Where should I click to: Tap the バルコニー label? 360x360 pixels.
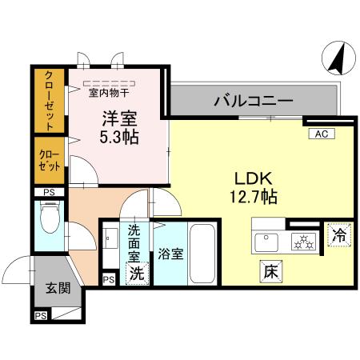click(253, 102)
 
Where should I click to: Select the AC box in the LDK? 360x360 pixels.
click(320, 134)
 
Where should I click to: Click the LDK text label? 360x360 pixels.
click(250, 178)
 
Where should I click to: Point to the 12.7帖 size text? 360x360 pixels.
click(250, 195)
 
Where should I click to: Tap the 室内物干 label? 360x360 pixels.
click(110, 92)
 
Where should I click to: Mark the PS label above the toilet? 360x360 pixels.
click(50, 192)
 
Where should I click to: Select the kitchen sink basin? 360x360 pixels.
click(266, 239)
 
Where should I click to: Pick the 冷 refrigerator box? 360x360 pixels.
click(339, 237)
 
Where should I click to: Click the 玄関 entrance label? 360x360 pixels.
click(50, 286)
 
